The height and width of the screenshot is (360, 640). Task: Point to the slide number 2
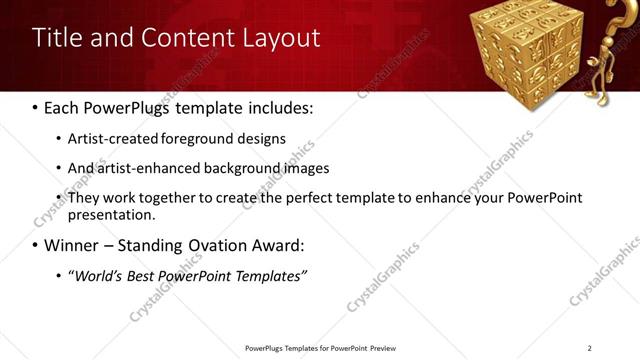[589, 348]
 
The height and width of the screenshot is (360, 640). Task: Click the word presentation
[110, 214]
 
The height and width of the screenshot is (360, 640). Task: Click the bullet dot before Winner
[35, 245]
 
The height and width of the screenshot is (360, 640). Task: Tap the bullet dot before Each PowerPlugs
[35, 105]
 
